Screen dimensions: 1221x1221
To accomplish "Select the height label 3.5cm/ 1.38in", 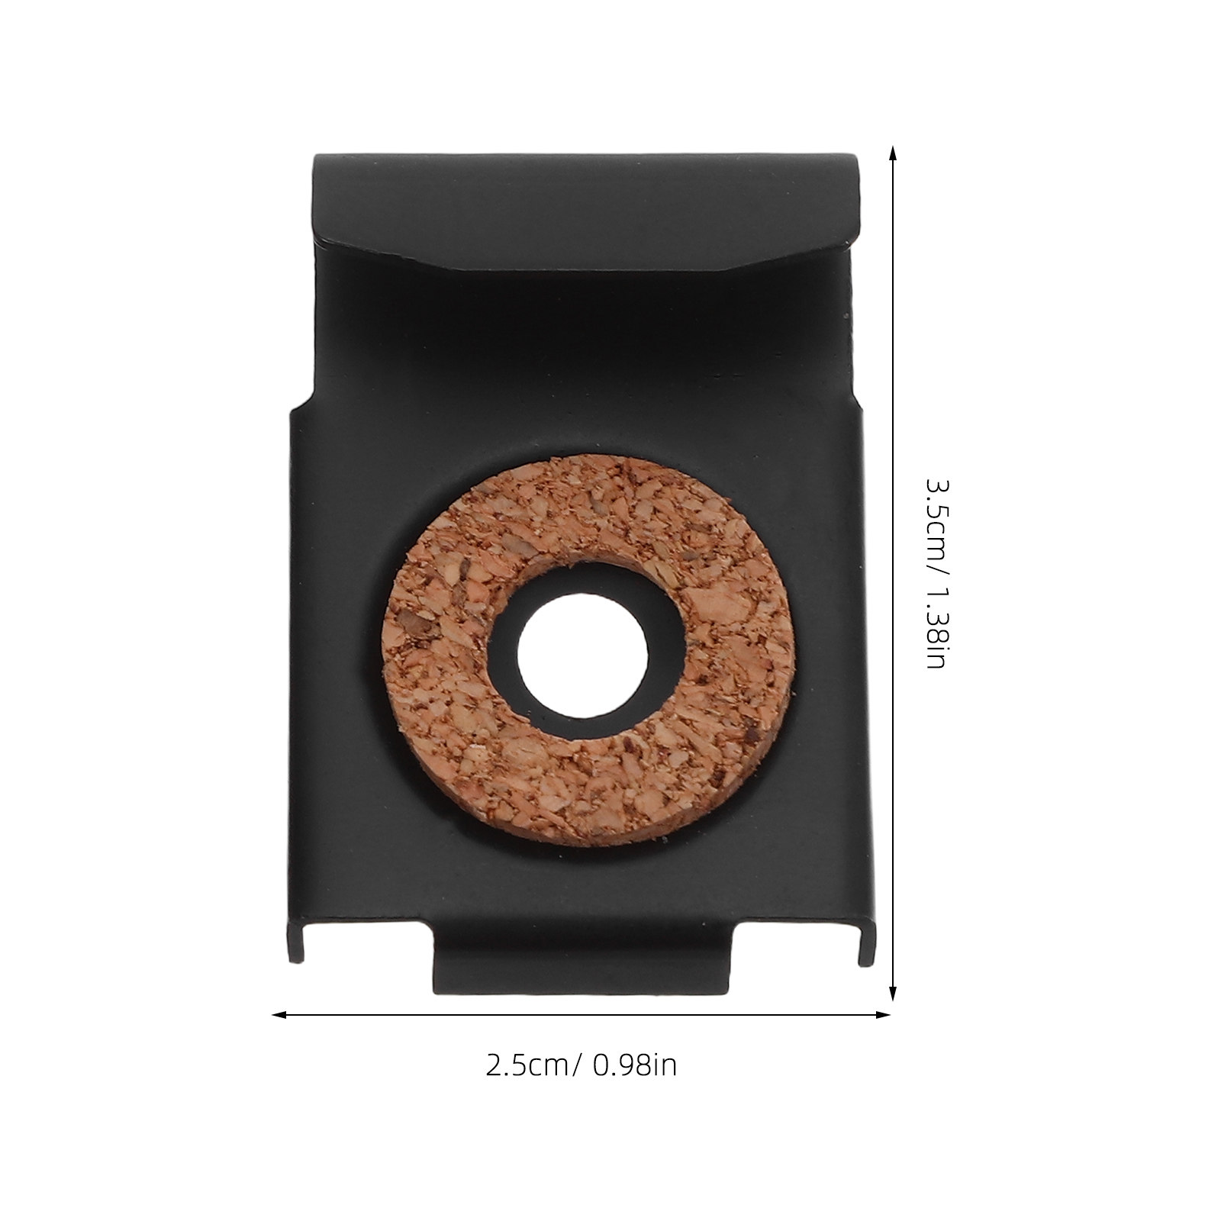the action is [936, 574].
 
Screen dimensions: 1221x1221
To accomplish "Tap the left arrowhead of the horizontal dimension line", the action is [281, 1015].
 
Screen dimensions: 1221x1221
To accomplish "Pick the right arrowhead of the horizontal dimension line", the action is [883, 1015].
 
